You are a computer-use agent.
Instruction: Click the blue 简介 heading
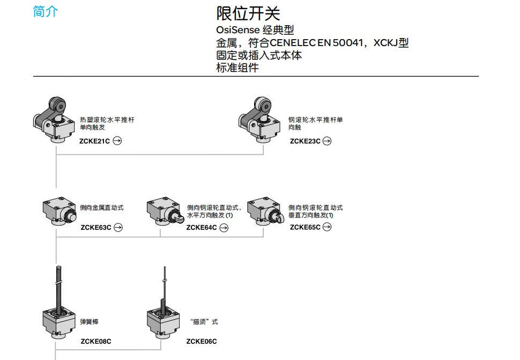tap(46, 11)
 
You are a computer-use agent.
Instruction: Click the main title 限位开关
tap(248, 13)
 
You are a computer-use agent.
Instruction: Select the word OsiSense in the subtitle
tap(238, 30)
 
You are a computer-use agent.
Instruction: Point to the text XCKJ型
tap(391, 43)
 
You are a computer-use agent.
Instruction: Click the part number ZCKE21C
tap(94, 141)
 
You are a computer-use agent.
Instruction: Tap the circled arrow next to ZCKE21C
tap(117, 141)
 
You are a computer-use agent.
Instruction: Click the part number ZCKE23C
tap(305, 141)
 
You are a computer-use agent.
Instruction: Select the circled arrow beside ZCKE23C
tap(327, 141)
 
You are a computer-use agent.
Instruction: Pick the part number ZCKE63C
tap(96, 227)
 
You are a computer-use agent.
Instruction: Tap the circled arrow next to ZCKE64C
tap(224, 228)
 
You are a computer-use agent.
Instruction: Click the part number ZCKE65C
tap(305, 227)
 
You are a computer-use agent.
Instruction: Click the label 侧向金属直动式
tap(102, 207)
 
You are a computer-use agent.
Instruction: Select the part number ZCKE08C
tap(96, 341)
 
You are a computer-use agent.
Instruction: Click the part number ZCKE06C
tap(202, 341)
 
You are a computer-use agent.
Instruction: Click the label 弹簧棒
tap(89, 321)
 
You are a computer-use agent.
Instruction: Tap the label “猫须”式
tap(204, 321)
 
